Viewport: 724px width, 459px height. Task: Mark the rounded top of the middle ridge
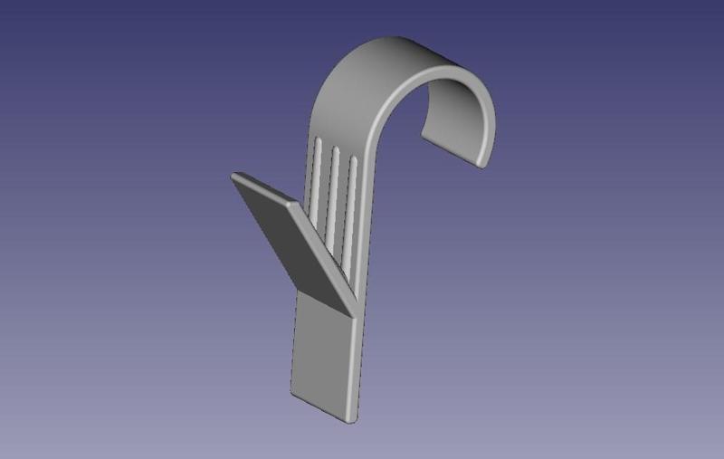[x=335, y=148]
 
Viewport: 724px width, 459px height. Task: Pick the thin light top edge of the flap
[x=262, y=187]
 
